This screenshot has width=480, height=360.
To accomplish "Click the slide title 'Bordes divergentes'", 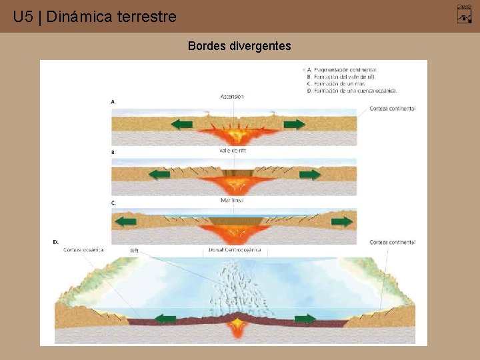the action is (x=239, y=46).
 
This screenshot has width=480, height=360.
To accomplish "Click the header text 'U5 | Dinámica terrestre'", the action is (x=95, y=17).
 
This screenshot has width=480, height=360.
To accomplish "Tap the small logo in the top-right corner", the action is (x=464, y=13).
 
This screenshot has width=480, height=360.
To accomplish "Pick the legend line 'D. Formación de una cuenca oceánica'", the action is (x=352, y=91).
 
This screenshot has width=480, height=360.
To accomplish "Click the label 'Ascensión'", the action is (x=232, y=97).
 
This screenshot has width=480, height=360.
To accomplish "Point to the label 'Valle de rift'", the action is (x=233, y=150).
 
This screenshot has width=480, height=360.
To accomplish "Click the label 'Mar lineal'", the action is (x=232, y=200).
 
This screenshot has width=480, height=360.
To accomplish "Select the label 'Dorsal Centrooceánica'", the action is (x=235, y=250).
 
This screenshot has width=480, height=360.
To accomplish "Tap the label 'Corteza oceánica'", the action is (x=83, y=250).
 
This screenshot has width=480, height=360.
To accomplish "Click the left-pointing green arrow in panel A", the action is (x=182, y=124).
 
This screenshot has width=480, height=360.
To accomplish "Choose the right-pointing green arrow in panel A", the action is (x=294, y=124).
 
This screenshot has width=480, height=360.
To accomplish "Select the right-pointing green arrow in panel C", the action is (x=342, y=221).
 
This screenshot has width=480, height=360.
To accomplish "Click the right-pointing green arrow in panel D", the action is (x=305, y=319).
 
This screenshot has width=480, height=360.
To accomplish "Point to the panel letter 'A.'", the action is (x=113, y=102).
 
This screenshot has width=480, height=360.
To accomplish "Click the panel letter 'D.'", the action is (x=55, y=242).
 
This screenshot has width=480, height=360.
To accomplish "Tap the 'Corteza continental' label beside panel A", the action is (x=393, y=109).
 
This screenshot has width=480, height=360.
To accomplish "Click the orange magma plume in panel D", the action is (x=237, y=325).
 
